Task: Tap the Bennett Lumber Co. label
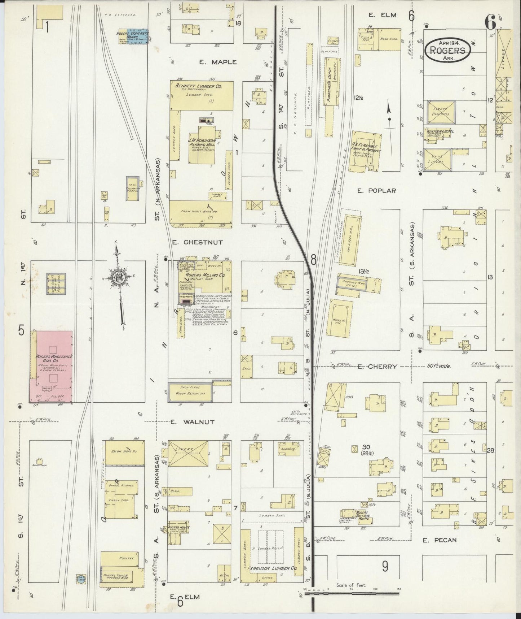199,87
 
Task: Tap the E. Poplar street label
376,191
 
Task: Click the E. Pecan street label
440,540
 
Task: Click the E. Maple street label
218,62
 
